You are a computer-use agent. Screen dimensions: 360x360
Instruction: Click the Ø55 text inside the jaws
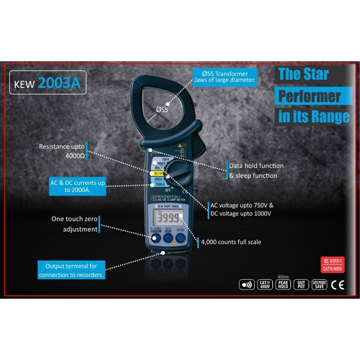(x=162, y=110)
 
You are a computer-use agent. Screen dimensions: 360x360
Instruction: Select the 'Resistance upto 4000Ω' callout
(x=61, y=151)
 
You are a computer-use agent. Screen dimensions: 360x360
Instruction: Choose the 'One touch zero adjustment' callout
(x=74, y=224)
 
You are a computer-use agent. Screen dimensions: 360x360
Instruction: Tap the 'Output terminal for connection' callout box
(x=71, y=271)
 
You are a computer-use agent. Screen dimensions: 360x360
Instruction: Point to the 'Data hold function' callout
(x=256, y=170)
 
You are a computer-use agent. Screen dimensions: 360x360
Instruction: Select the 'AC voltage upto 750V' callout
(x=242, y=209)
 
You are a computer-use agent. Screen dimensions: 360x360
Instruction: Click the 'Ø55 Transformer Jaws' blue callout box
(x=225, y=76)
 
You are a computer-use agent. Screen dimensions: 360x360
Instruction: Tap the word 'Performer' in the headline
(x=309, y=96)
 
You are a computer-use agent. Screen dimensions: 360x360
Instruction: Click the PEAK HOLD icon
(x=283, y=284)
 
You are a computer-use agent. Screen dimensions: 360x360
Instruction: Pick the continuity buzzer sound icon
(x=247, y=284)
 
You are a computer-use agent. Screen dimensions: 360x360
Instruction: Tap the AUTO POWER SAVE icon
(x=319, y=284)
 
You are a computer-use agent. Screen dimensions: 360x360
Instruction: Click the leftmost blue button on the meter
(x=154, y=238)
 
